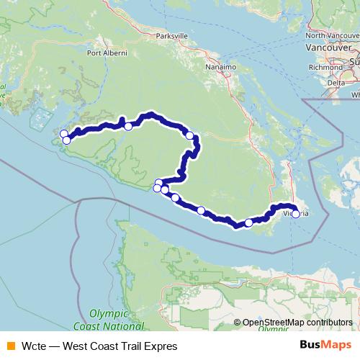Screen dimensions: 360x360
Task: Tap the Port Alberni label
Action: click(x=107, y=53)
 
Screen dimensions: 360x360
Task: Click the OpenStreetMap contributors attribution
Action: click(x=297, y=323)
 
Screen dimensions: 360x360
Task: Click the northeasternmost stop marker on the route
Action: click(x=190, y=135)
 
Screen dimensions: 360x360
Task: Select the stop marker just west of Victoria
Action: click(x=249, y=222)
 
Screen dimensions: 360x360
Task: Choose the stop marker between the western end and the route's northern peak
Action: click(x=128, y=127)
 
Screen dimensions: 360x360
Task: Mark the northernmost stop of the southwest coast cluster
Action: click(x=159, y=183)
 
